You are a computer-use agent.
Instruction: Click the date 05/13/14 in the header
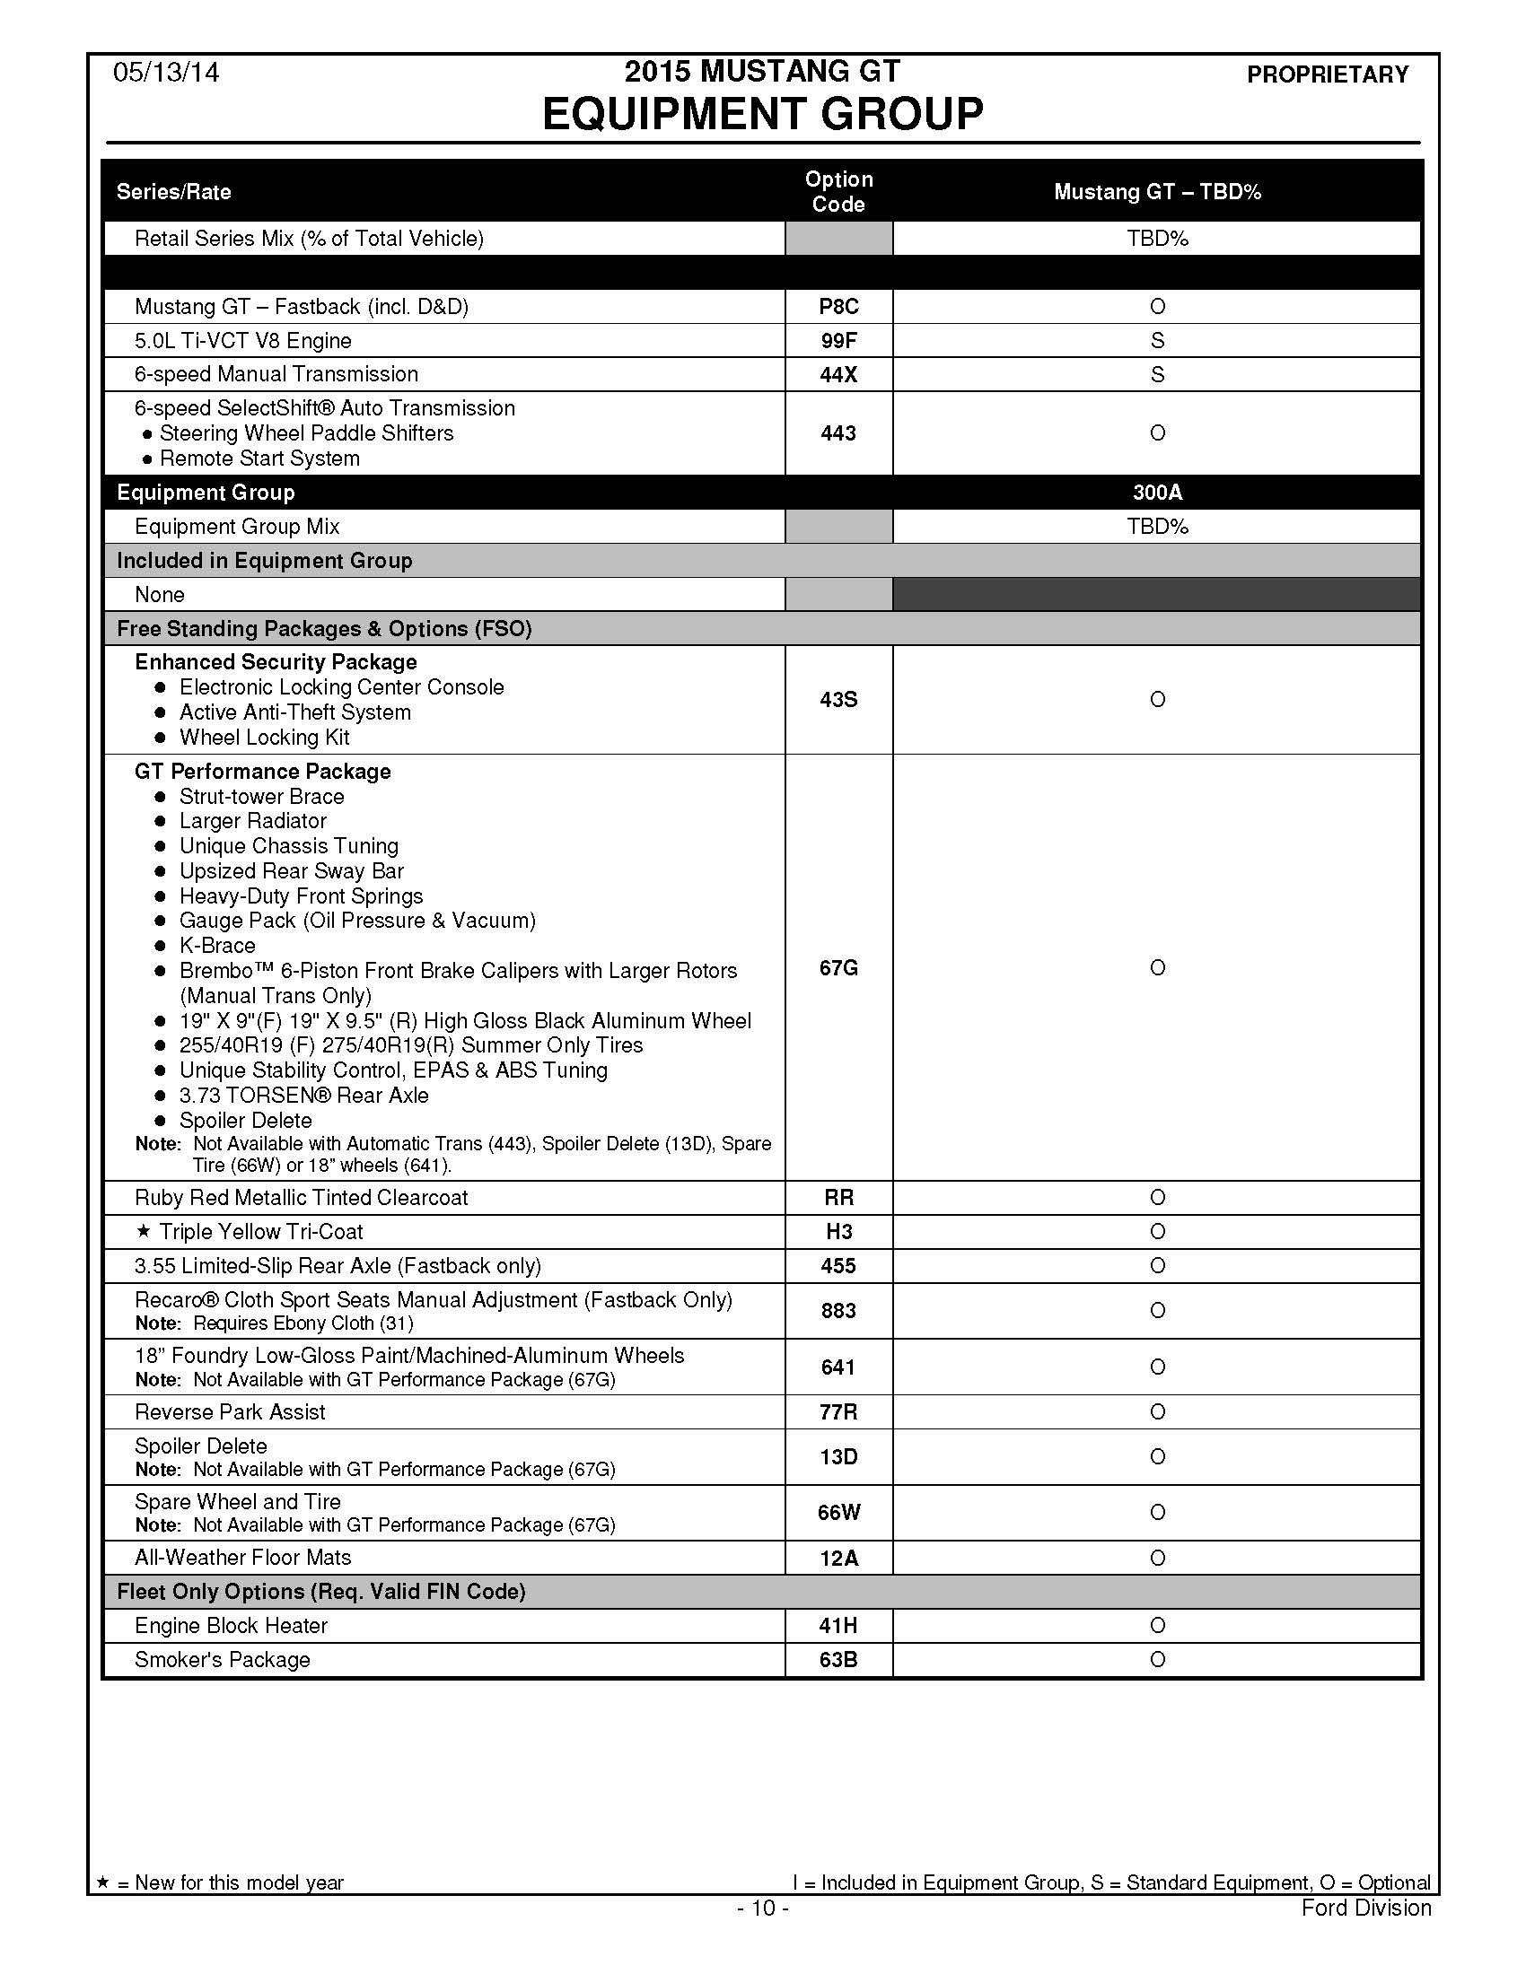click(x=165, y=73)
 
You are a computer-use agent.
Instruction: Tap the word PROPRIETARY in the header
click(x=1327, y=74)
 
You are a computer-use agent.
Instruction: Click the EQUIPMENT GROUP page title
click(x=762, y=114)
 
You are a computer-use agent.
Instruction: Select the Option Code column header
click(x=838, y=192)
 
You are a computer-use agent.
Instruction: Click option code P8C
click(x=838, y=307)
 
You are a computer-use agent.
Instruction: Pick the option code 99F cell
click(x=838, y=341)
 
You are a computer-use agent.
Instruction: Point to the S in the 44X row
click(x=1157, y=374)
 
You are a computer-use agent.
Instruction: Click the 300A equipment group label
click(x=1157, y=493)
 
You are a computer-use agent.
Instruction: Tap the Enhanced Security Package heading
click(x=276, y=661)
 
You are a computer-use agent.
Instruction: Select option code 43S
click(x=838, y=700)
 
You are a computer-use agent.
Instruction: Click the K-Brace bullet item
click(x=217, y=946)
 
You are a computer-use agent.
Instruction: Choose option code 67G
click(x=838, y=968)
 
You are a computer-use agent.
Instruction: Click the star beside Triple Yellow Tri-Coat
click(x=143, y=1231)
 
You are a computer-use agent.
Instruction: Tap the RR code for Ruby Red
click(x=838, y=1198)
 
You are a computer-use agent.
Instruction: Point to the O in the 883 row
click(x=1157, y=1311)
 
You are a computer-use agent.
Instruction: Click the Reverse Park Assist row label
click(x=230, y=1411)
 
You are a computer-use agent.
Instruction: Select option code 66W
click(x=838, y=1512)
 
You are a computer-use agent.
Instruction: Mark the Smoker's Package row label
click(x=223, y=1659)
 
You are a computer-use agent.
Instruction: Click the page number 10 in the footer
click(x=763, y=1908)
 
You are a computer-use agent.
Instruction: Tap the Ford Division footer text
click(x=1366, y=1908)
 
